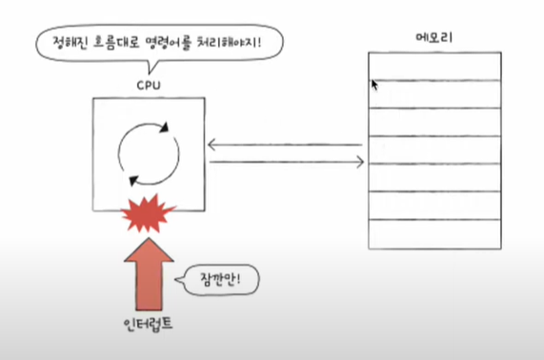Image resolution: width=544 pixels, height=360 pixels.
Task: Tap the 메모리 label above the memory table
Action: pos(433,38)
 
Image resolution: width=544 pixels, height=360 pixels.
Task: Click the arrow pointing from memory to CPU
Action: pos(286,145)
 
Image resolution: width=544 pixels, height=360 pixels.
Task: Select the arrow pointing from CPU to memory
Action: pos(286,163)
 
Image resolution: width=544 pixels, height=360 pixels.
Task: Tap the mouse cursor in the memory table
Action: pos(374,85)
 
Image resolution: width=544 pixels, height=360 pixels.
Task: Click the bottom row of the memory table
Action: pos(433,234)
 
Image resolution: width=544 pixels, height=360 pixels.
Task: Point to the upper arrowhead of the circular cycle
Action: pos(164,125)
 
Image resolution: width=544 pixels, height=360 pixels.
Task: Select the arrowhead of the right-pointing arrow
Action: pos(359,163)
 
